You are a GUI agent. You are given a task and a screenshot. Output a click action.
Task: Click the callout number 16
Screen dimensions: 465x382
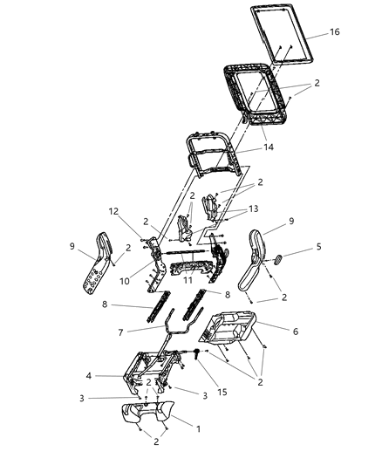(335, 32)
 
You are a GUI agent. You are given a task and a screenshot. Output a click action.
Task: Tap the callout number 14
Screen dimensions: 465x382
(268, 147)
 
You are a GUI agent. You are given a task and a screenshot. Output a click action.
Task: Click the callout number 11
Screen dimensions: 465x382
(188, 281)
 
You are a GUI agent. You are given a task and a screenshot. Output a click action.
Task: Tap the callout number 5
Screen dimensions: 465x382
(318, 247)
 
